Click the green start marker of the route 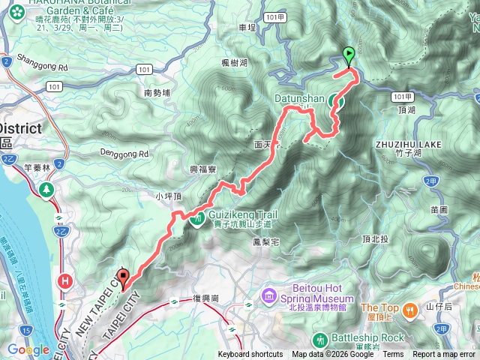tap(349, 55)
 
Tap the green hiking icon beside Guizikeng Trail tap(197, 220)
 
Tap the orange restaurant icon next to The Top tap(409, 308)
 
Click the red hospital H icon tap(66, 281)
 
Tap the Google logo tap(28, 349)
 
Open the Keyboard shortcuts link tap(250, 355)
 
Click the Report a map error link tap(444, 355)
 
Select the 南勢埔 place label tap(157, 93)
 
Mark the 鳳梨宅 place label tap(266, 242)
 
